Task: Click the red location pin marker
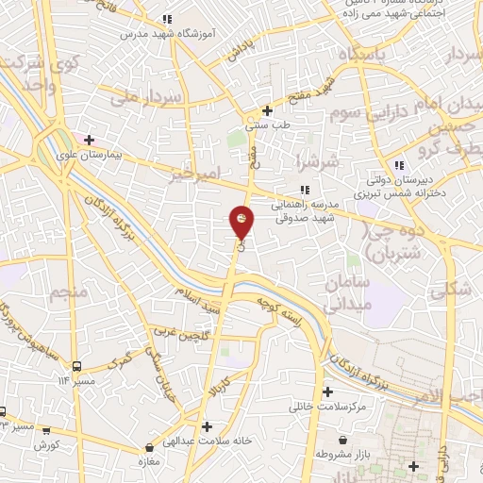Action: point(241,222)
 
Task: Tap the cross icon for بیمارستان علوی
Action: point(89,141)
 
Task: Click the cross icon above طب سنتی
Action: point(269,109)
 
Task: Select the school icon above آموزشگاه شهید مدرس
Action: point(167,19)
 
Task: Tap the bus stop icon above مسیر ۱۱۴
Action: point(77,366)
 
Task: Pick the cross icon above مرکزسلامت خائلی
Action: point(328,392)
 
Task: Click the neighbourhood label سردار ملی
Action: point(138,96)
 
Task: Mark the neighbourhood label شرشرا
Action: point(312,161)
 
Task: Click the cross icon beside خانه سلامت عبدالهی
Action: point(207,425)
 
